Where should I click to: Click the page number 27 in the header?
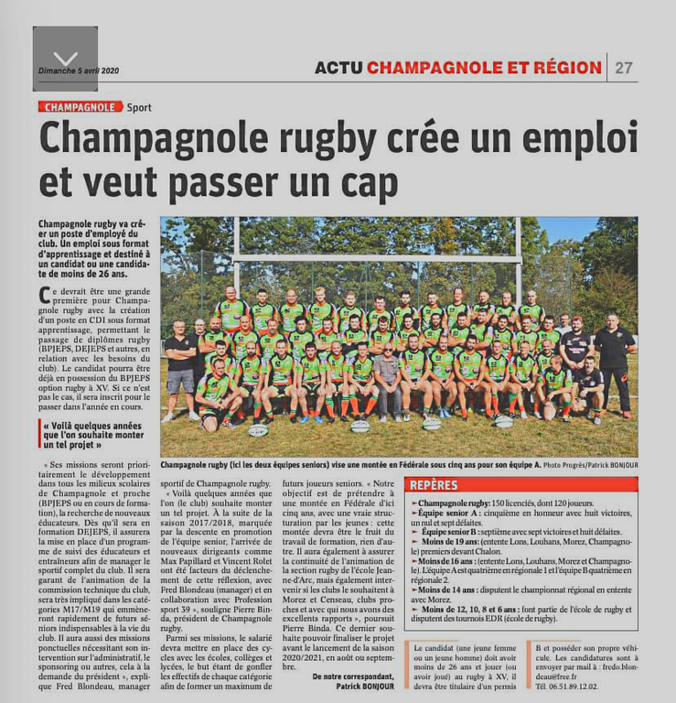pos(624,68)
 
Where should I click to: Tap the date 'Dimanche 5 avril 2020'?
pos(79,70)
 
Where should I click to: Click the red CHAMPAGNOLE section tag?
pos(80,107)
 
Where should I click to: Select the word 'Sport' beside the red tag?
pos(139,107)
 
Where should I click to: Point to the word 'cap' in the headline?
pos(367,180)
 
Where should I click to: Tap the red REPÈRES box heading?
pos(434,484)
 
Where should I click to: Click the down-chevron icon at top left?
pos(65,58)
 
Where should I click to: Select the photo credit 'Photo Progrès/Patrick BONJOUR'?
pos(589,465)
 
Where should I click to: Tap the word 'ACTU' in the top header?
pos(338,68)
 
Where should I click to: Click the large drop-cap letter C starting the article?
pos(45,297)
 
